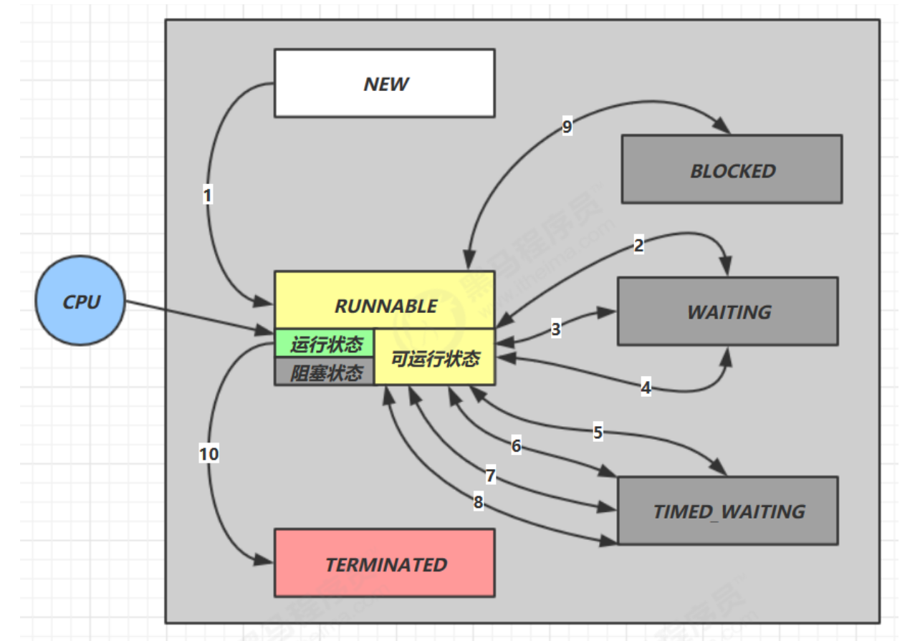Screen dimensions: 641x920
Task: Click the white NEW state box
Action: (x=384, y=83)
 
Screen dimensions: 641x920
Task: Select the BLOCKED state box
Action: (x=732, y=170)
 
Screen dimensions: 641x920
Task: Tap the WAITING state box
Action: (x=728, y=312)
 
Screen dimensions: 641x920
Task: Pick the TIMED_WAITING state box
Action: (x=727, y=511)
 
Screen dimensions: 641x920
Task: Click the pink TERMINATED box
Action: (x=385, y=564)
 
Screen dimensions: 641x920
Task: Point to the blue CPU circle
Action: (x=81, y=302)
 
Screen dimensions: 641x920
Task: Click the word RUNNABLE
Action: (x=385, y=306)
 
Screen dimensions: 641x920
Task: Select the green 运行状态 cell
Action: (x=325, y=344)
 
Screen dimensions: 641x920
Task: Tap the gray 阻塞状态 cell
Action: (x=325, y=372)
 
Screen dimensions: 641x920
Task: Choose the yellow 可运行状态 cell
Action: (x=435, y=358)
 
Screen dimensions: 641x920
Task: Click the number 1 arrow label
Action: (x=208, y=195)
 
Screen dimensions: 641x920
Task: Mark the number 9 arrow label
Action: (x=567, y=127)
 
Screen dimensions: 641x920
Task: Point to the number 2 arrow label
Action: (x=638, y=246)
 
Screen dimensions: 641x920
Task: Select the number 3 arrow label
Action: (x=556, y=329)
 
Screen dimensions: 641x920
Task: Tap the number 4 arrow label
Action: (x=646, y=388)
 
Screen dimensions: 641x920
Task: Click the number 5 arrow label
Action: (x=598, y=432)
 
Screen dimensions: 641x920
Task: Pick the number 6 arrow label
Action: (x=516, y=445)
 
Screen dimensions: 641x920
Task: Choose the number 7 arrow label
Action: (x=490, y=476)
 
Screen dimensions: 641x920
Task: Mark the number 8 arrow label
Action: (x=478, y=502)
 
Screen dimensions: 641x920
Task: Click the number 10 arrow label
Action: (x=209, y=453)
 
